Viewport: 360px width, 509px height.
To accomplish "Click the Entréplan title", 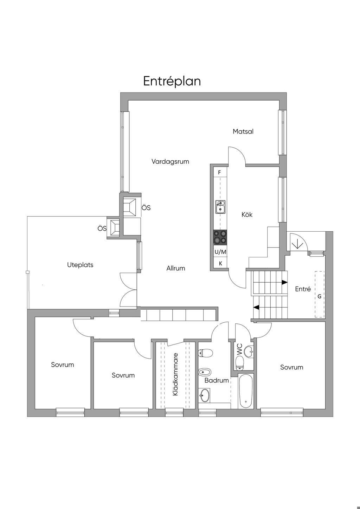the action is [x=172, y=82].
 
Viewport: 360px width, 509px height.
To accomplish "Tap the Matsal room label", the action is [x=243, y=131].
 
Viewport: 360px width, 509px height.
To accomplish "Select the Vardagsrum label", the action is [x=170, y=162].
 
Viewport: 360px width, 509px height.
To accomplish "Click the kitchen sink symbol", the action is [x=220, y=207].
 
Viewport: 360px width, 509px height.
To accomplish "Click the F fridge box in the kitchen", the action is [x=219, y=173].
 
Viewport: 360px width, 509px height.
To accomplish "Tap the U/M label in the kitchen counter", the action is [x=220, y=252].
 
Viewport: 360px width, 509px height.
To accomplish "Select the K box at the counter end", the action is [x=220, y=263].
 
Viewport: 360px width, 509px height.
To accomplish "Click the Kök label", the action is [x=247, y=214].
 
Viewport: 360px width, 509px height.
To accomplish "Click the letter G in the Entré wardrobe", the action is [x=319, y=297].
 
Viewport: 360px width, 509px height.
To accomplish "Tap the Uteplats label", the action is [x=80, y=265].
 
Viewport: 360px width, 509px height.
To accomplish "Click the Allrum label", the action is [x=176, y=268].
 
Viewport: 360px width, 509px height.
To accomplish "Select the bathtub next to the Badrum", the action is [x=246, y=392].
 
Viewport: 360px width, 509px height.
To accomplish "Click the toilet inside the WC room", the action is [x=239, y=363].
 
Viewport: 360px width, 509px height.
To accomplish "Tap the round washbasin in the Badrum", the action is [x=205, y=395].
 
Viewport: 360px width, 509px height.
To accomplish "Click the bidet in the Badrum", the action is [x=205, y=372].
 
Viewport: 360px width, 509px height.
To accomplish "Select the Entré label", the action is [x=303, y=289].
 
